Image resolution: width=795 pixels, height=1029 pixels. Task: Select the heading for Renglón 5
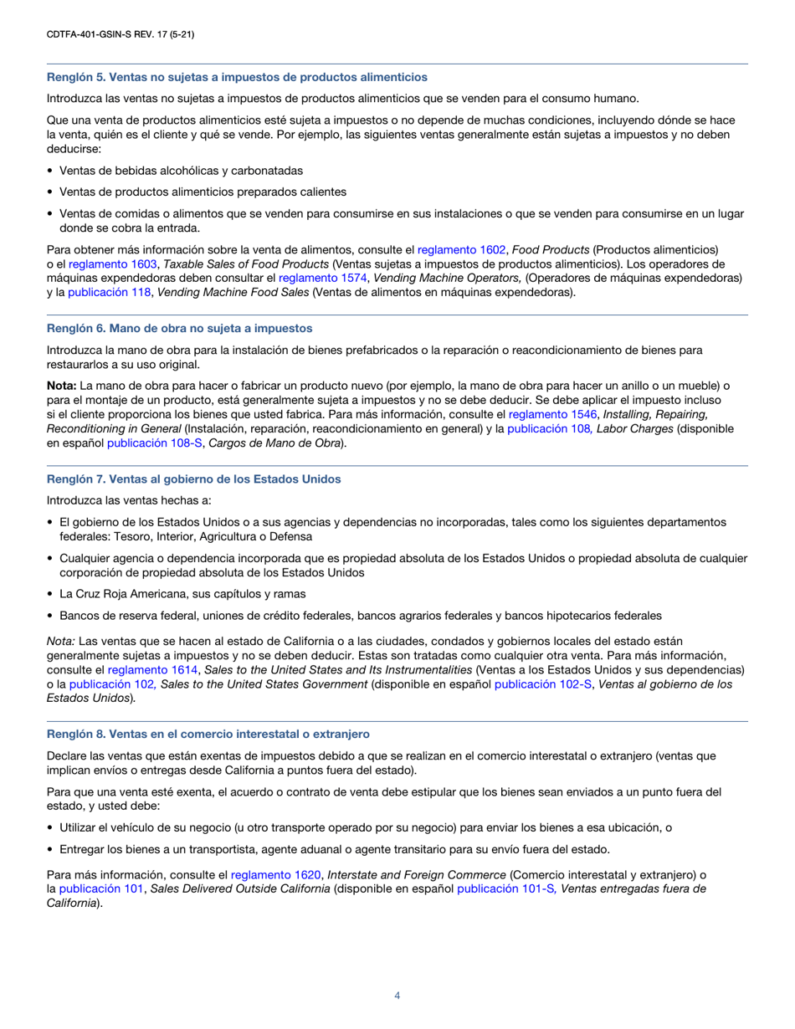click(236, 77)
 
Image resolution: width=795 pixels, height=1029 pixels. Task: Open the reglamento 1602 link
click(461, 249)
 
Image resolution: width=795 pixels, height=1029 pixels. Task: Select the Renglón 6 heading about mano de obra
click(179, 328)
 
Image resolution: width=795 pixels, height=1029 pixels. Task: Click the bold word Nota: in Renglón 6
click(61, 386)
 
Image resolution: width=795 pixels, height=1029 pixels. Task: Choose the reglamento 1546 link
click(552, 414)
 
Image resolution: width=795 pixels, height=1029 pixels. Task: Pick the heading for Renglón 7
click(193, 479)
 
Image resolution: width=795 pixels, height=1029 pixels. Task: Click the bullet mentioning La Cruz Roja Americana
click(182, 594)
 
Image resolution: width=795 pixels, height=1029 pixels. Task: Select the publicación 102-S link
click(534, 683)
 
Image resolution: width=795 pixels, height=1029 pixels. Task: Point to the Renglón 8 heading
click(208, 734)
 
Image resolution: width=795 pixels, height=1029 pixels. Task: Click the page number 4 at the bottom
click(397, 996)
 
